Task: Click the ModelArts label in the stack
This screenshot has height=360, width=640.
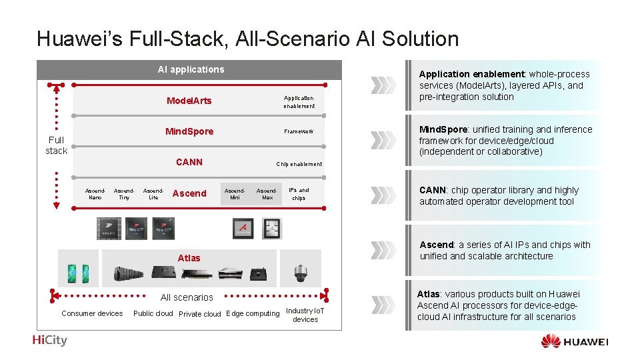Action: [x=189, y=101]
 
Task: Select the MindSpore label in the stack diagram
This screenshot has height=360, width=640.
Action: [x=189, y=131]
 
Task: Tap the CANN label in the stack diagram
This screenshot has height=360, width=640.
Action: [x=189, y=162]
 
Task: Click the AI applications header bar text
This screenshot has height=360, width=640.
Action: [x=191, y=69]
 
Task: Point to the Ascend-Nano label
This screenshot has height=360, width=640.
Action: [x=95, y=193]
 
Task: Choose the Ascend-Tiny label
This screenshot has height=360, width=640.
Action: [x=124, y=193]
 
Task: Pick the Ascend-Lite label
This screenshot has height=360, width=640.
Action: [x=153, y=193]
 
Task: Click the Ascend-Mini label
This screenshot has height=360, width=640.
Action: [x=235, y=193]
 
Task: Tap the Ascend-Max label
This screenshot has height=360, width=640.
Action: [x=267, y=193]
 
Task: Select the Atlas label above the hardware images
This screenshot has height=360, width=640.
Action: [x=189, y=257]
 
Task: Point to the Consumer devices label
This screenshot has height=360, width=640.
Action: [x=92, y=313]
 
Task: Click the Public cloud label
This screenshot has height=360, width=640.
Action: [x=153, y=313]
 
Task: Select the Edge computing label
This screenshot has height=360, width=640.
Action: [x=253, y=313]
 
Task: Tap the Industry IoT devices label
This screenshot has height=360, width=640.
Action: [x=305, y=315]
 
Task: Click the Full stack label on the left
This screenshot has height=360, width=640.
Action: [x=56, y=145]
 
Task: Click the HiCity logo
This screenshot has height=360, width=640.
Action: [x=49, y=340]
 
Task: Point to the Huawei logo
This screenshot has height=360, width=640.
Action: [x=574, y=341]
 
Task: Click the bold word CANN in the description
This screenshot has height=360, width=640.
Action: [x=433, y=190]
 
